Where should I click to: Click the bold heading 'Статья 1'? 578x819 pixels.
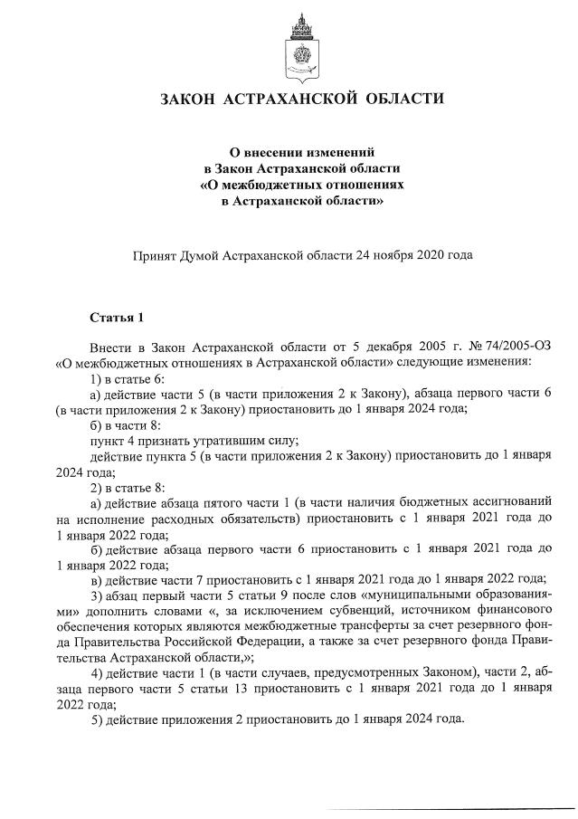coord(117,318)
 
